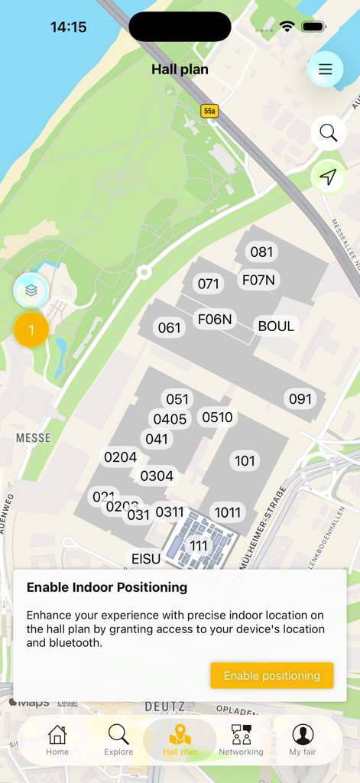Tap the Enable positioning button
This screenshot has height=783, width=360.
pyautogui.click(x=271, y=675)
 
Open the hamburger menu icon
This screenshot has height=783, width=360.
pyautogui.click(x=325, y=70)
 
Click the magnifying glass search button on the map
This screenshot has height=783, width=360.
pyautogui.click(x=328, y=132)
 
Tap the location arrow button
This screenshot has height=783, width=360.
pyautogui.click(x=328, y=177)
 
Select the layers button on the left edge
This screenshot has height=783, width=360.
pyautogui.click(x=31, y=291)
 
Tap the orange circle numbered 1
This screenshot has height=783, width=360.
pyautogui.click(x=31, y=330)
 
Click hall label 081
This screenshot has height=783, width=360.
pyautogui.click(x=261, y=252)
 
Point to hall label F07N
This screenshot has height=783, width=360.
pyautogui.click(x=258, y=280)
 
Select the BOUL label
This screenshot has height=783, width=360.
pyautogui.click(x=276, y=327)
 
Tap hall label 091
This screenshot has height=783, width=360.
pyautogui.click(x=300, y=398)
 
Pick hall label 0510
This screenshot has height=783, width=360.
pyautogui.click(x=217, y=417)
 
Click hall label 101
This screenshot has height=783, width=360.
pyautogui.click(x=245, y=460)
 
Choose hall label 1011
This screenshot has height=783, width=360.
pyautogui.click(x=227, y=512)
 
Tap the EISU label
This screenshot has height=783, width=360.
pyautogui.click(x=146, y=559)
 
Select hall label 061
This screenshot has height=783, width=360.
pyautogui.click(x=169, y=328)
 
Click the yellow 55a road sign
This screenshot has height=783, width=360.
pyautogui.click(x=209, y=111)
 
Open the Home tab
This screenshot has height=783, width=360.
pyautogui.click(x=57, y=740)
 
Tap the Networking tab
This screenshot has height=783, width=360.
pyautogui.click(x=241, y=740)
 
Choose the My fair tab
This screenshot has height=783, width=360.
pyautogui.click(x=303, y=740)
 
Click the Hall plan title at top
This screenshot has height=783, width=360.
pyautogui.click(x=180, y=70)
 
